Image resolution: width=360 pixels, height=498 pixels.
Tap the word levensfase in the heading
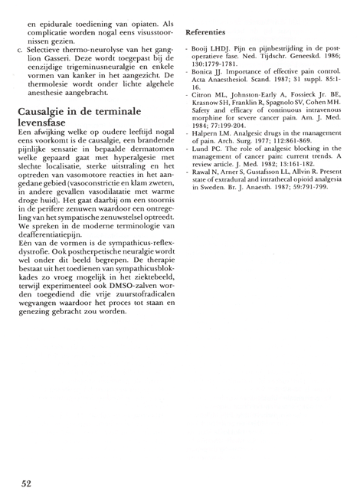click(48, 125)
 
